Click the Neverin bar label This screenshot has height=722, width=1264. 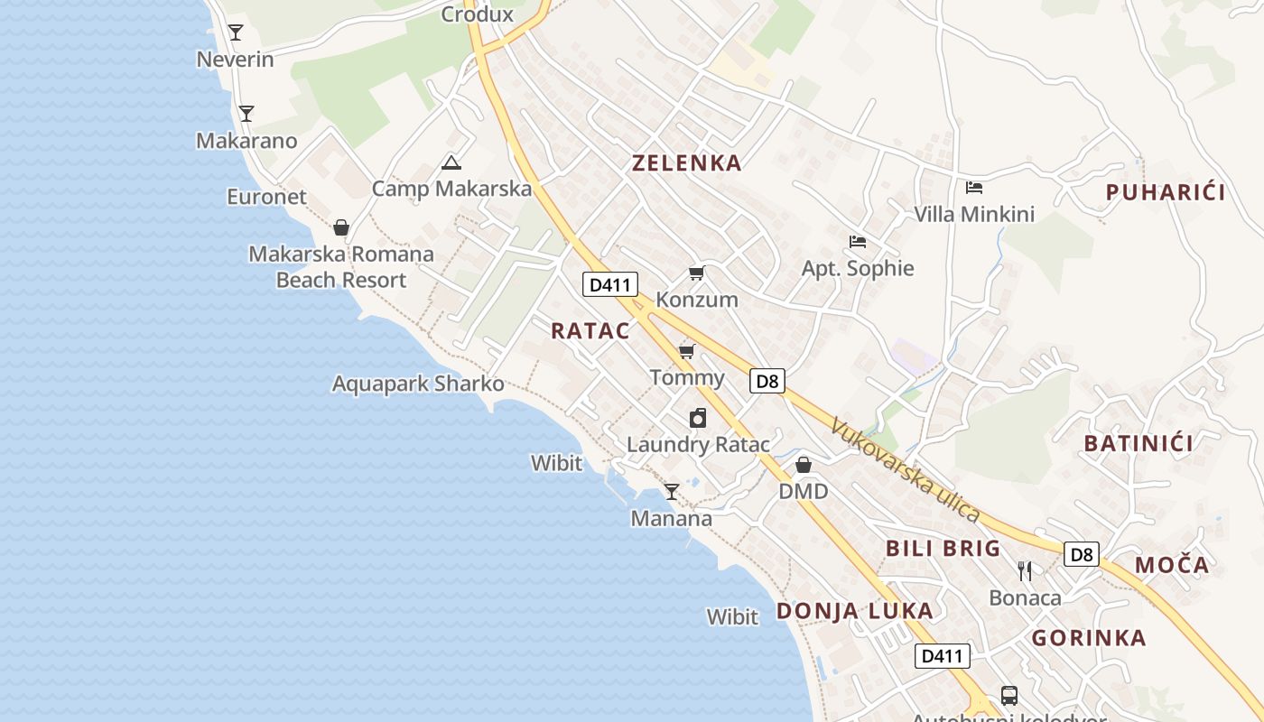coord(235,60)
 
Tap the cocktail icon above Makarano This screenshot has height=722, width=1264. coord(246,114)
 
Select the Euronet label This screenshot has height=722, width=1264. coord(266,197)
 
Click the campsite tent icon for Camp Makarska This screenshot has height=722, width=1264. coord(451,162)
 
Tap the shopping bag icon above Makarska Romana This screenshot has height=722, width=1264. coord(341,227)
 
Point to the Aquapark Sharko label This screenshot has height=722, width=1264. coord(418,384)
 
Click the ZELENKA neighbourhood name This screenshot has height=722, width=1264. coord(687,163)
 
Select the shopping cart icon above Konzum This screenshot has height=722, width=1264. coord(696,273)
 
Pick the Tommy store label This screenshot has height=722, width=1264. coord(687,377)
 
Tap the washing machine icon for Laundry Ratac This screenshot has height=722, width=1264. coord(697,418)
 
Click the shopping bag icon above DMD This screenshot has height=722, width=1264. coord(804,465)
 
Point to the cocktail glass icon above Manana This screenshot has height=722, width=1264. coord(671,492)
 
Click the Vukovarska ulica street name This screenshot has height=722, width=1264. coord(906,469)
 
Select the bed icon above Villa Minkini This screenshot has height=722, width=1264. coord(974,188)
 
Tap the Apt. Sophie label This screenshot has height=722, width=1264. coord(858,268)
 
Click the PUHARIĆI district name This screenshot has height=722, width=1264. coord(1166,192)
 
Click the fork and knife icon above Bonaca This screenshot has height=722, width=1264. coord(1025,570)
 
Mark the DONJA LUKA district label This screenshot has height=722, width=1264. coord(854,611)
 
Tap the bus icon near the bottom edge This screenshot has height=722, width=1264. coord(1009,696)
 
